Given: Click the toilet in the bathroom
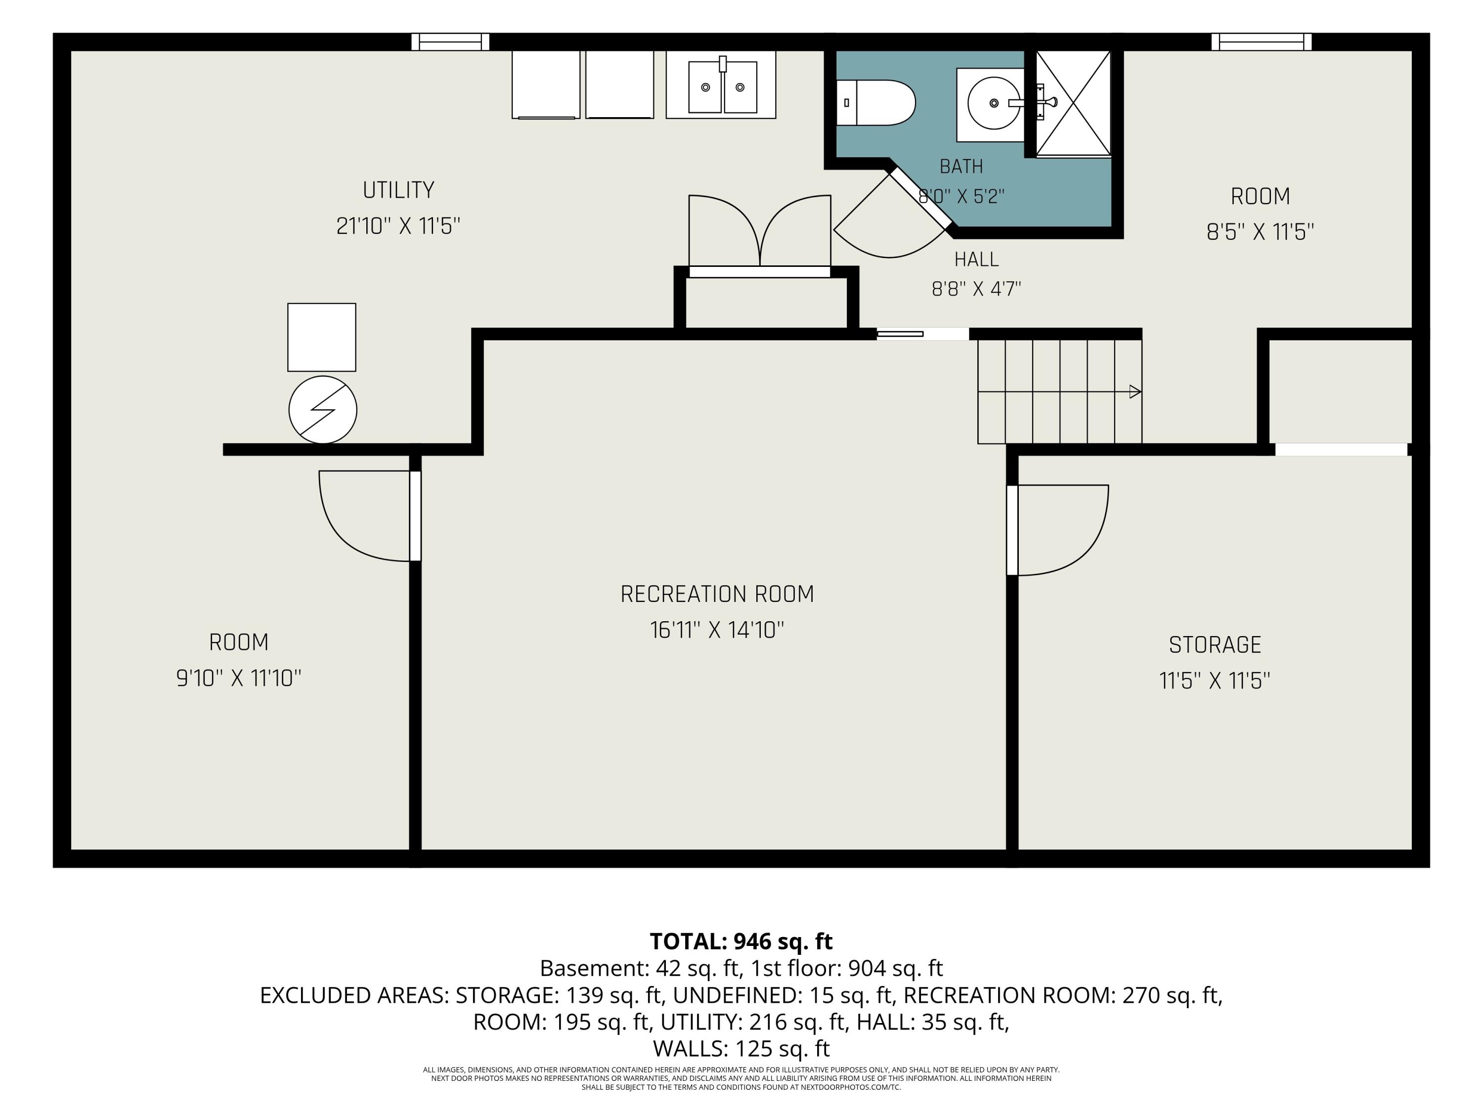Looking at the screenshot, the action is [x=875, y=103].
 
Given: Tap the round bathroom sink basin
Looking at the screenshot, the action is [x=994, y=103].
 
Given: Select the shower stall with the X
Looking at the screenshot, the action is [x=1073, y=104].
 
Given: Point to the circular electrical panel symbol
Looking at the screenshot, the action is [x=322, y=410].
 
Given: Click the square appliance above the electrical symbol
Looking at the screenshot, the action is [x=322, y=337].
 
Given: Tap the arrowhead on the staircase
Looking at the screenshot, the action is [x=1135, y=391].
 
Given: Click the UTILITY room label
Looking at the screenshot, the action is [x=398, y=190].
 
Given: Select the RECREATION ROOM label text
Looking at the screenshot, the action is [x=717, y=594].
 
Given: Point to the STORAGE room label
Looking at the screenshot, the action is [x=1215, y=645].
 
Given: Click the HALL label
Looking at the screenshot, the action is [x=976, y=259].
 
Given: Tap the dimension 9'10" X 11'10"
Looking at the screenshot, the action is [x=239, y=679].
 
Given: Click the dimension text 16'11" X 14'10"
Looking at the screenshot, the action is [x=717, y=630].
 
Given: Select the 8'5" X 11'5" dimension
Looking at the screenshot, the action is [x=1261, y=232].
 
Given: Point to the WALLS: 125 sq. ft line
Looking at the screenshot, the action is [x=741, y=1048].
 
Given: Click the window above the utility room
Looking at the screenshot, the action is [x=450, y=42].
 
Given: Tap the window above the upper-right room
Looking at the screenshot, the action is [x=1261, y=42].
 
